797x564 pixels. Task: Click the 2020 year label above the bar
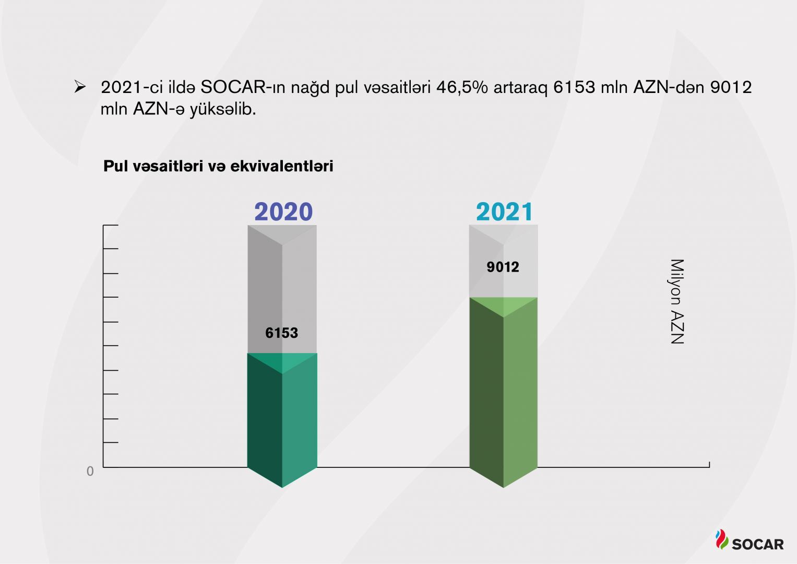(x=283, y=212)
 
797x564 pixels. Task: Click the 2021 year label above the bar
(x=504, y=212)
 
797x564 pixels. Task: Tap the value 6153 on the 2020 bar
(x=281, y=333)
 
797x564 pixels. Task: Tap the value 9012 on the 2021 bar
(x=503, y=267)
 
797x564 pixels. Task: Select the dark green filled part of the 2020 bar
(x=282, y=418)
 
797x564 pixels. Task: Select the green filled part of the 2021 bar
(x=503, y=392)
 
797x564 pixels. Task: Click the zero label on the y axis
(x=90, y=472)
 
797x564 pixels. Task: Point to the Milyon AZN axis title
(x=677, y=301)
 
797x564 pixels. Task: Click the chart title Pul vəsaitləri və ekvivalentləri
(x=218, y=166)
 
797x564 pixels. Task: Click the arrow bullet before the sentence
(x=80, y=87)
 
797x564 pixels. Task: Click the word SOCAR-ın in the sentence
(x=243, y=87)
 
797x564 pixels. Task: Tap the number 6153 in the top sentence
(x=574, y=87)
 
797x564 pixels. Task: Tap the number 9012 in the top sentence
(x=731, y=87)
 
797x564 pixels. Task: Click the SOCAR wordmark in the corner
(x=758, y=544)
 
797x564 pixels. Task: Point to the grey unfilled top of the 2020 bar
(x=282, y=287)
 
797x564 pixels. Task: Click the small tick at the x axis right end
(x=709, y=464)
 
